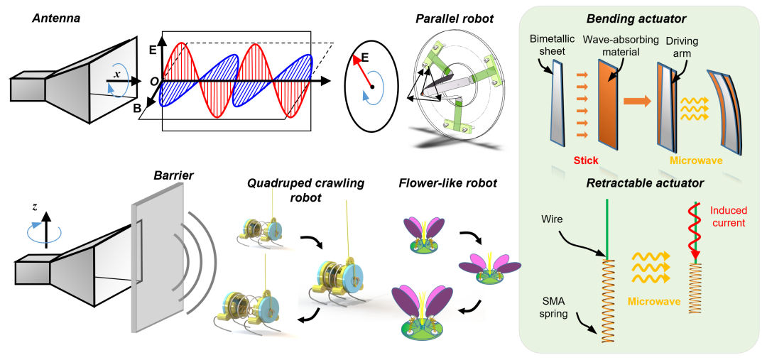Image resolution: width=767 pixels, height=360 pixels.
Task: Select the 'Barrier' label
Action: pyautogui.click(x=173, y=174)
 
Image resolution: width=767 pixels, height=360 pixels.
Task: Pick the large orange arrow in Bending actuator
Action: pyautogui.click(x=637, y=100)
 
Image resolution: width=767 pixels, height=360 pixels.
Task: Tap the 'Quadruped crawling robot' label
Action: pyautogui.click(x=305, y=190)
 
